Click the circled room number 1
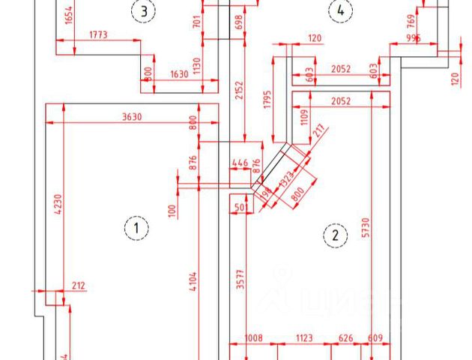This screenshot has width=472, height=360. (x=136, y=227)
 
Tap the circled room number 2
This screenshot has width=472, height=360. (x=335, y=236)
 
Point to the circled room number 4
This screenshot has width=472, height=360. (x=341, y=10)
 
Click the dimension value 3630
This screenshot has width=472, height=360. (x=132, y=117)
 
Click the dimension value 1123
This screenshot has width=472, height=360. (x=303, y=339)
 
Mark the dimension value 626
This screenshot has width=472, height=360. (x=346, y=339)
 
